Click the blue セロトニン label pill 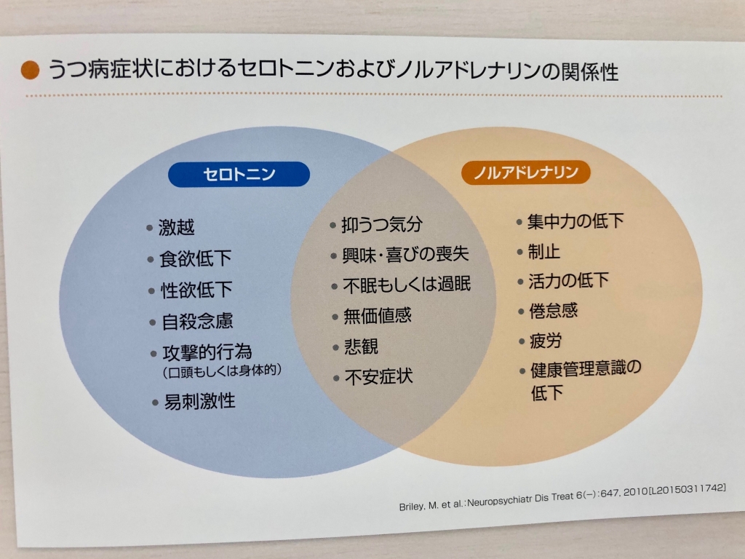[x=239, y=174]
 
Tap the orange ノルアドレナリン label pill [x=525, y=172]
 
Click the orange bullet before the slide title [x=31, y=70]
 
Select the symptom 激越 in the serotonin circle [x=176, y=227]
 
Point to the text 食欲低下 [x=195, y=258]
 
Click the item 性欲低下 [x=196, y=290]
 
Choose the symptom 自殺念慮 [x=198, y=322]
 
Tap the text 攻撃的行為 [x=207, y=352]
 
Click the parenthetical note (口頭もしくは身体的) [x=222, y=370]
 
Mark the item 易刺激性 [x=199, y=402]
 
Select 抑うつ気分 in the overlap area [x=381, y=224]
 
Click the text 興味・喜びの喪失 [x=405, y=255]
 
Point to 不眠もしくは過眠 [x=407, y=285]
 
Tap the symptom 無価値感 [x=378, y=316]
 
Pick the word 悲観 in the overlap [x=361, y=346]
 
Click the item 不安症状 [x=378, y=377]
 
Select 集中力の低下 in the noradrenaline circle [x=575, y=221]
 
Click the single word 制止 [x=544, y=251]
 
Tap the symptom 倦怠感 [x=554, y=311]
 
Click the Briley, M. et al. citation [x=562, y=497]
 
